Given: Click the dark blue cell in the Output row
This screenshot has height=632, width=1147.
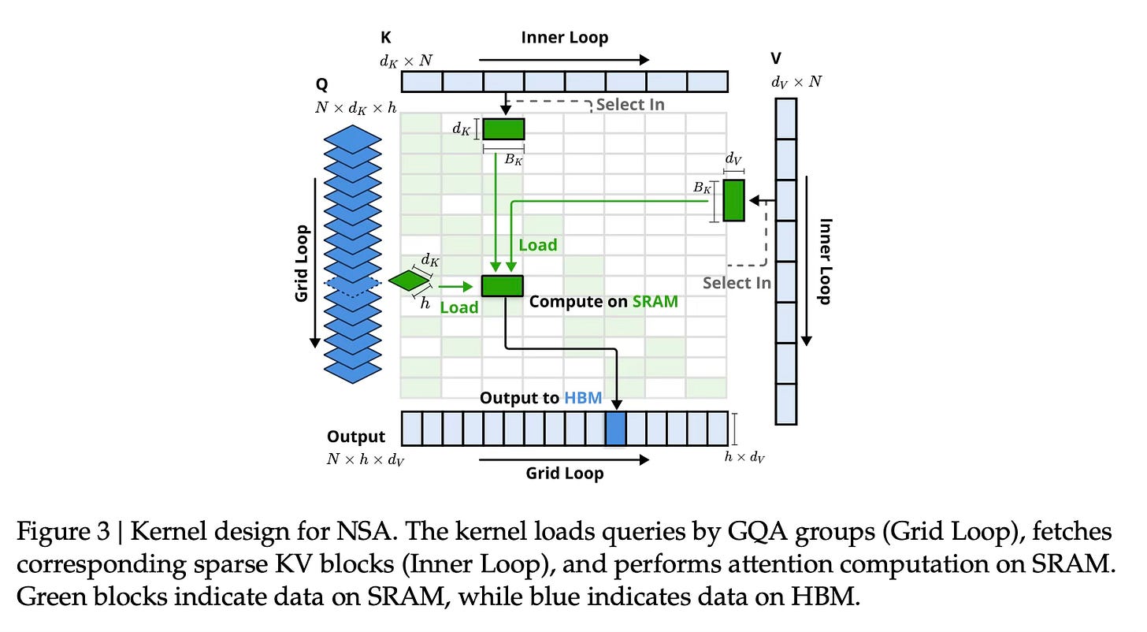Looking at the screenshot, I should pos(615,429).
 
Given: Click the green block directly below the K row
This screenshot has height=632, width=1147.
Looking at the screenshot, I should pos(503,128).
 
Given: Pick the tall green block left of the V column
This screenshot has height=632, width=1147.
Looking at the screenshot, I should pos(733,200).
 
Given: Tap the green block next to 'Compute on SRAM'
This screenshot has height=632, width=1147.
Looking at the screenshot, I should pos(503,285).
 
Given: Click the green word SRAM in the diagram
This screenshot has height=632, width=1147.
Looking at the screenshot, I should pos(655,301).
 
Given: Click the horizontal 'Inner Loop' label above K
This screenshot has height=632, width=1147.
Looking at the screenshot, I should pos(565,37).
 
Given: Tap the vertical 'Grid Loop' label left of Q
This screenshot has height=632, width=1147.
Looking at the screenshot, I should pos(302,263).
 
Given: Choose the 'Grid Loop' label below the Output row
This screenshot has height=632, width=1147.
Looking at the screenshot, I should pos(564,474).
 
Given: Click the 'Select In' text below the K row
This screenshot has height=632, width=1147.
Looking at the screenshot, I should pos(630,104).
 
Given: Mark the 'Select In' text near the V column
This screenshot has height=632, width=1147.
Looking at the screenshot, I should pos(737,282).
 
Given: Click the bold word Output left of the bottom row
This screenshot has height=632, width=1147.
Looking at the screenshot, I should pos(356,437).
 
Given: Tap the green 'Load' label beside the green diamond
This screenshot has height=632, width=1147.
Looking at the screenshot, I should pos(459,307).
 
